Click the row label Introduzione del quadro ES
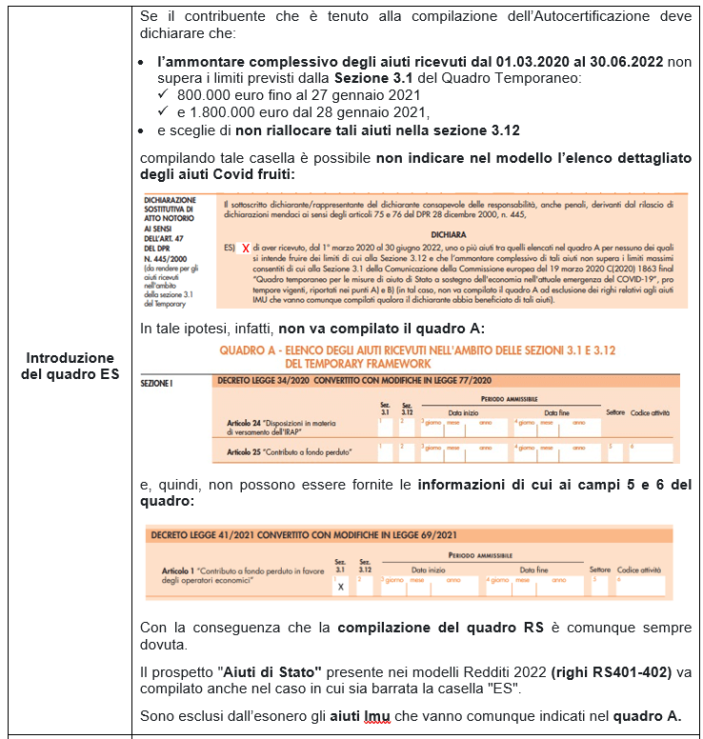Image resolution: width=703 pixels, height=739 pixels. (69, 366)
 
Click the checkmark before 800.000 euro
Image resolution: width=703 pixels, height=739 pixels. (164, 95)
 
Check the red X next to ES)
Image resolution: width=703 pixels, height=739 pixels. (246, 248)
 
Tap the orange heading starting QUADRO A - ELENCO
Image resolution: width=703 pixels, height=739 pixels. (416, 350)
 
